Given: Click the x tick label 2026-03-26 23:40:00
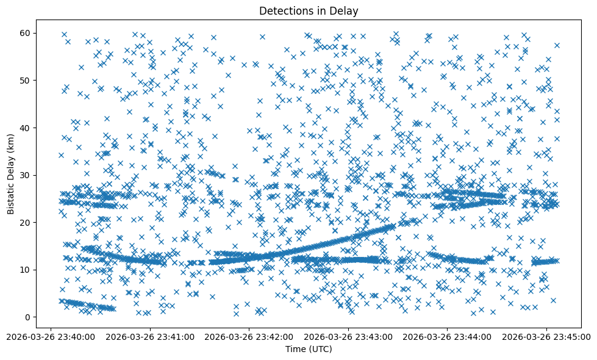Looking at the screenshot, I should point(51,336).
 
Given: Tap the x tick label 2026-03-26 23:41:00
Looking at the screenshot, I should point(150,336).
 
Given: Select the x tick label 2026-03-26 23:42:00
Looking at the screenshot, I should point(249,336).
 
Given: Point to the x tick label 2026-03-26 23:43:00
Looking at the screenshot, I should point(348,336).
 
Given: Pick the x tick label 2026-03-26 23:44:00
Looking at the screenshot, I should point(448,336).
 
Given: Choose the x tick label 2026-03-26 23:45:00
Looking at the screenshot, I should point(546,336).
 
